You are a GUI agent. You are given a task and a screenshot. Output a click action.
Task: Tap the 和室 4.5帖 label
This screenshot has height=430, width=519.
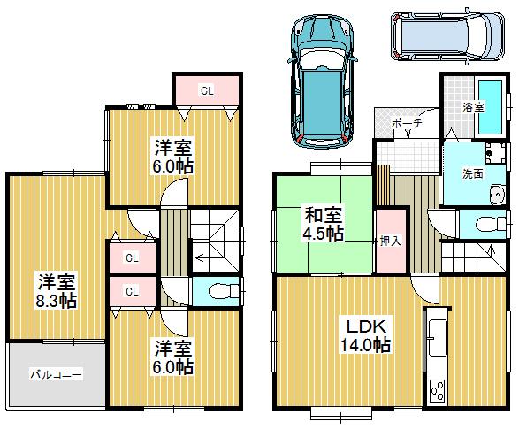coord(324,224)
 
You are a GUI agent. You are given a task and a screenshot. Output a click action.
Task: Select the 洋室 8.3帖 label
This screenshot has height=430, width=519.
coord(57,291)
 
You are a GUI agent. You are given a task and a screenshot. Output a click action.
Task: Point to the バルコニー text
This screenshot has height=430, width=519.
coord(57,375)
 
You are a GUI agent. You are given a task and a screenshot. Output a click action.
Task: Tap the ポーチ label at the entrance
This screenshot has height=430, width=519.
coord(405,124)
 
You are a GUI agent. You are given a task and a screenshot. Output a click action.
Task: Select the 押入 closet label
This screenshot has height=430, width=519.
coord(391,239)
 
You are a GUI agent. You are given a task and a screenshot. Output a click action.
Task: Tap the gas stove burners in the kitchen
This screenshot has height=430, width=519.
coord(437,390)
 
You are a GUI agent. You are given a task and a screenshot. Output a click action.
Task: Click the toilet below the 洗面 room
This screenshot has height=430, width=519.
coord(485,226)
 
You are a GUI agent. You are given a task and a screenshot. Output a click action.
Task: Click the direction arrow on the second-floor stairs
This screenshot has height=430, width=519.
coord(201,259)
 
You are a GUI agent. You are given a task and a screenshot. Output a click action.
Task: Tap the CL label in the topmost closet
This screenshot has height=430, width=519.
coord(205,89)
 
